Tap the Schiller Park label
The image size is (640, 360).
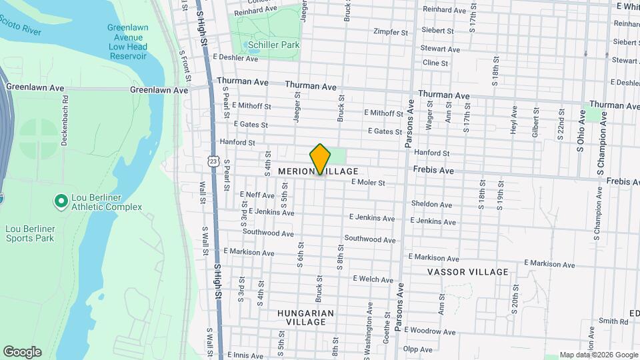273,45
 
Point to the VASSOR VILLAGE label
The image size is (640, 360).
467,272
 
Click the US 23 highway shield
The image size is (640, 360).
213,161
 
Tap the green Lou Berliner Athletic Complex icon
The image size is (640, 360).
61,200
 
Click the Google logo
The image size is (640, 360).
22,351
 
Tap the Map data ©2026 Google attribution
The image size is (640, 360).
597,355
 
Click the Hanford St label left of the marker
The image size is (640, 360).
238,142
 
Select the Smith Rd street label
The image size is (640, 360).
613,321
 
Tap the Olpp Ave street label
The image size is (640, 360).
418,349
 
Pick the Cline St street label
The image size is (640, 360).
435,63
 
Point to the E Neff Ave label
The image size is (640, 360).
257,195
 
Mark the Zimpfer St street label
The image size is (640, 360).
391,32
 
